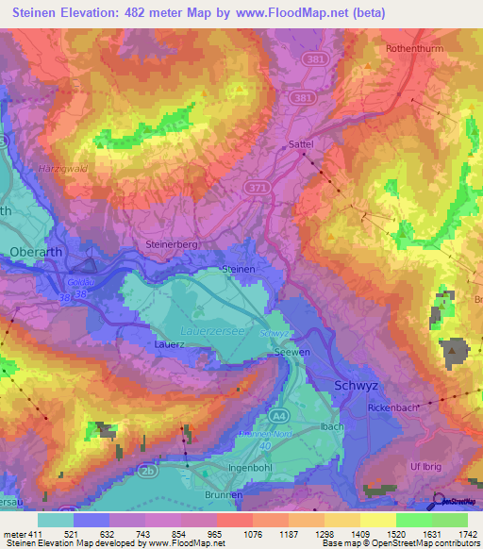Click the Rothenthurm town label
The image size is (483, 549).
point(416,47)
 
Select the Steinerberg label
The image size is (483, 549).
point(171,244)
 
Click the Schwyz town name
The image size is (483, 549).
point(357,385)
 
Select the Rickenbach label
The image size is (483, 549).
point(391,407)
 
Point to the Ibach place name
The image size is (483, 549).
point(331,426)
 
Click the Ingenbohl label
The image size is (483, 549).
point(251,468)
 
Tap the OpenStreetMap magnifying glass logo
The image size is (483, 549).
point(438,501)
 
